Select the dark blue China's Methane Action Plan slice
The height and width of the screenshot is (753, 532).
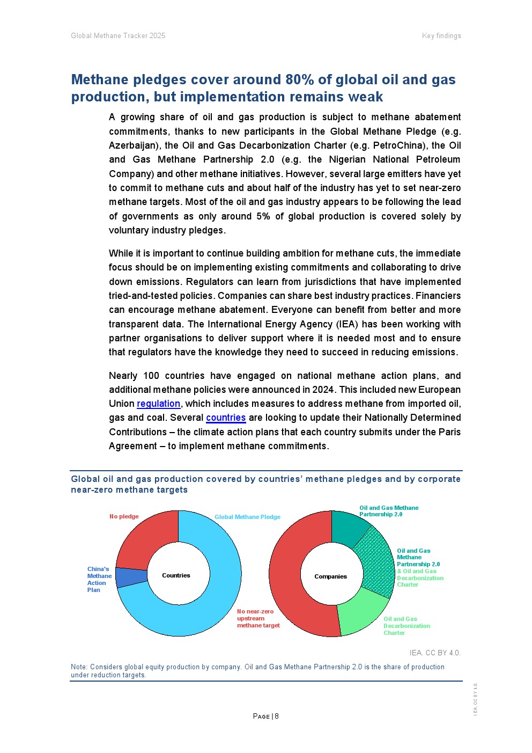[x=131, y=577]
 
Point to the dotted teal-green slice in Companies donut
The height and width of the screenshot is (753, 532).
[x=378, y=564]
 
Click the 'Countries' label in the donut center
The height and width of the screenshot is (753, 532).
[x=176, y=575]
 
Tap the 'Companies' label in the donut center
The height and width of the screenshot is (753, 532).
[x=330, y=576]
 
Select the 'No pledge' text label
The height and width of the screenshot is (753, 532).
[x=124, y=516]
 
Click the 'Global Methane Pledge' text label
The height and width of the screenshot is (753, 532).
[x=247, y=517]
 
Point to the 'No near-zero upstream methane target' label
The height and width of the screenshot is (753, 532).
[x=258, y=618]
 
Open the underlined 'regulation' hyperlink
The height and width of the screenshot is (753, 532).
[x=158, y=404]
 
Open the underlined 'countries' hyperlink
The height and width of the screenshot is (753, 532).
[x=226, y=418]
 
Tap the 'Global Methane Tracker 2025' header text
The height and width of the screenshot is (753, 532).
[x=118, y=36]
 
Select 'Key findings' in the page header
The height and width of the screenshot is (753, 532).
[x=441, y=36]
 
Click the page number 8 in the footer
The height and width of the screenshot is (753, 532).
[x=277, y=716]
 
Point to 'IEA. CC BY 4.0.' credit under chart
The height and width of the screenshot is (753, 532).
[x=434, y=653]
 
